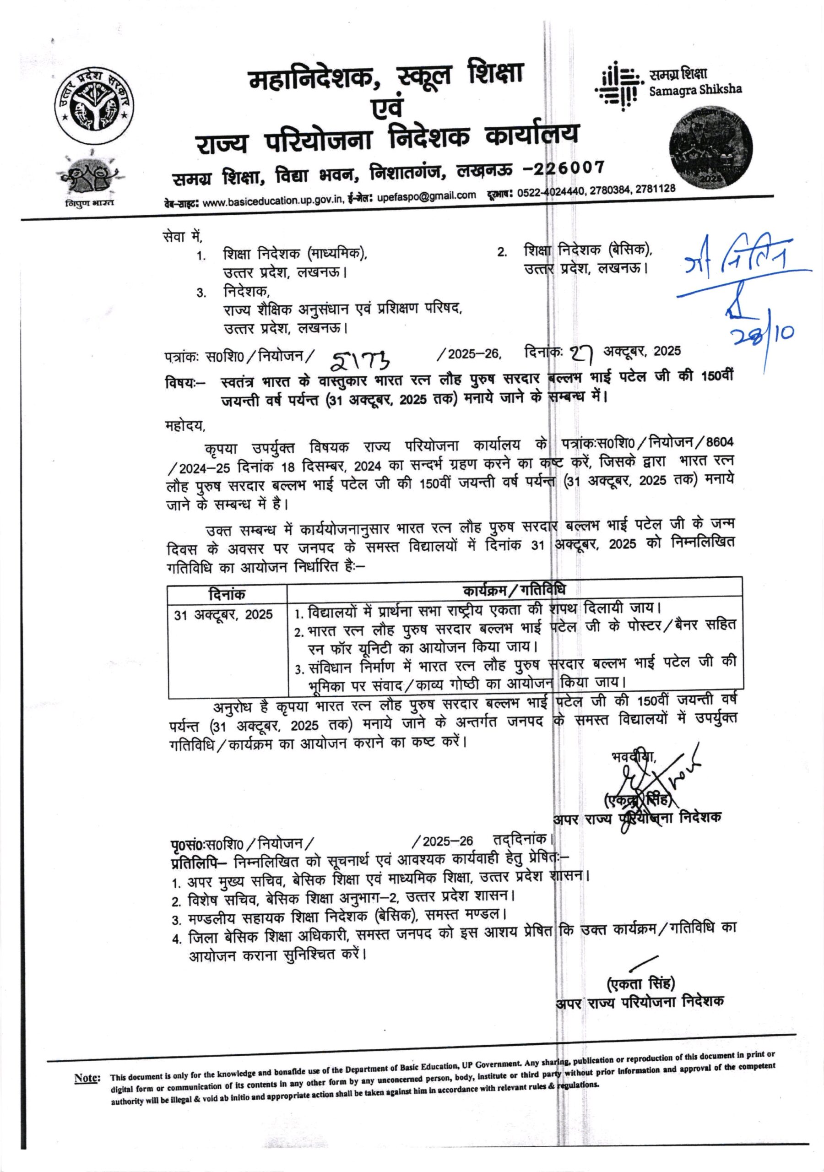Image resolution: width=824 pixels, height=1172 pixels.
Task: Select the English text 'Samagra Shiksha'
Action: (x=695, y=90)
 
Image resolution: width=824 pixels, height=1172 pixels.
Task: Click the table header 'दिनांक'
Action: (x=227, y=594)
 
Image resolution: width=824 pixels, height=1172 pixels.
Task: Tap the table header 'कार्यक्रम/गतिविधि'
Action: (x=514, y=590)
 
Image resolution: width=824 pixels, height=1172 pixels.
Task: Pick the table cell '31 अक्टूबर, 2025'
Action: (x=223, y=614)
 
